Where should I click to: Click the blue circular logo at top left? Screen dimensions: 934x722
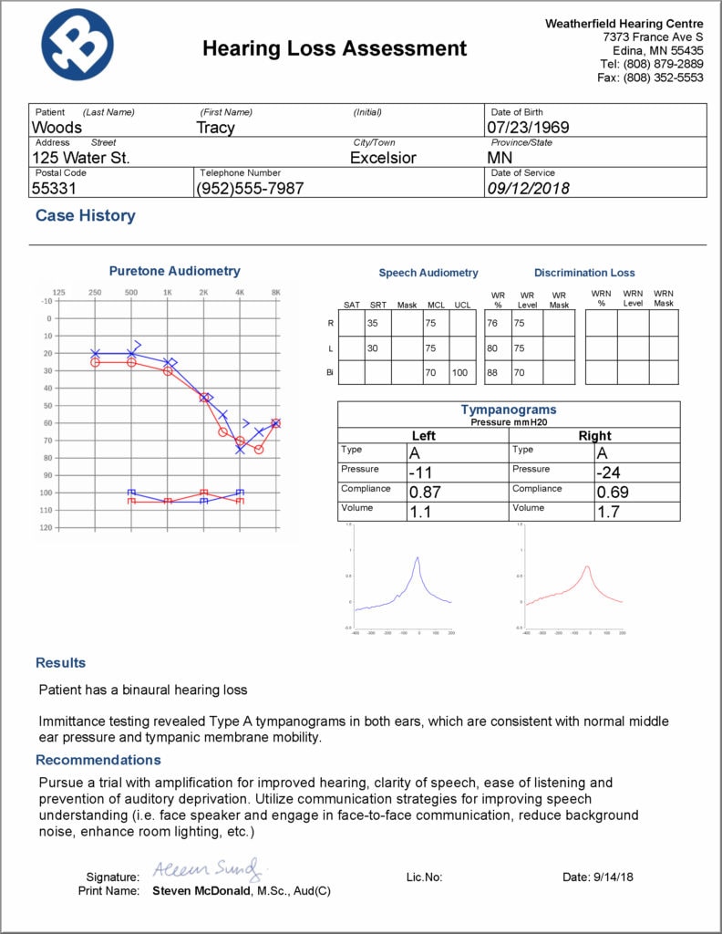pos(77,45)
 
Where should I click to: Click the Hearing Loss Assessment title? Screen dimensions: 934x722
pos(334,48)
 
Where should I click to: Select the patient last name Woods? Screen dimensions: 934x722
pos(57,128)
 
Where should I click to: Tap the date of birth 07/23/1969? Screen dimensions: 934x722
pos(528,128)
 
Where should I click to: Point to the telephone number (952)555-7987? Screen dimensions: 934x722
pos(250,188)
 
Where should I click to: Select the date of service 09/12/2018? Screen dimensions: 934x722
pos(529,188)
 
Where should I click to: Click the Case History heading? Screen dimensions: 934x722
pos(85,216)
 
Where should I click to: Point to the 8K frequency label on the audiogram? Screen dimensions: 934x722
pos(275,292)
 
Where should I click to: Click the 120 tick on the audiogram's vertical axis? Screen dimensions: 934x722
pos(46,528)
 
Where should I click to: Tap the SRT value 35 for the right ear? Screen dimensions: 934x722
pos(373,323)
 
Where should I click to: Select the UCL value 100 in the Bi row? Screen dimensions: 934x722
pos(460,372)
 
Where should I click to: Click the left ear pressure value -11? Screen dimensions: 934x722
pos(420,472)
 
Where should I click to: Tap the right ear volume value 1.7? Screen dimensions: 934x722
pos(607,513)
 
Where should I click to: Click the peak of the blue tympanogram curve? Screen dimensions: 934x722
pos(418,557)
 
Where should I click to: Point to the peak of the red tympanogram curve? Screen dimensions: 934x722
pos(587,566)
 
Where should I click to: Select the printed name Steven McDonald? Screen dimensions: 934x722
pos(201,890)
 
